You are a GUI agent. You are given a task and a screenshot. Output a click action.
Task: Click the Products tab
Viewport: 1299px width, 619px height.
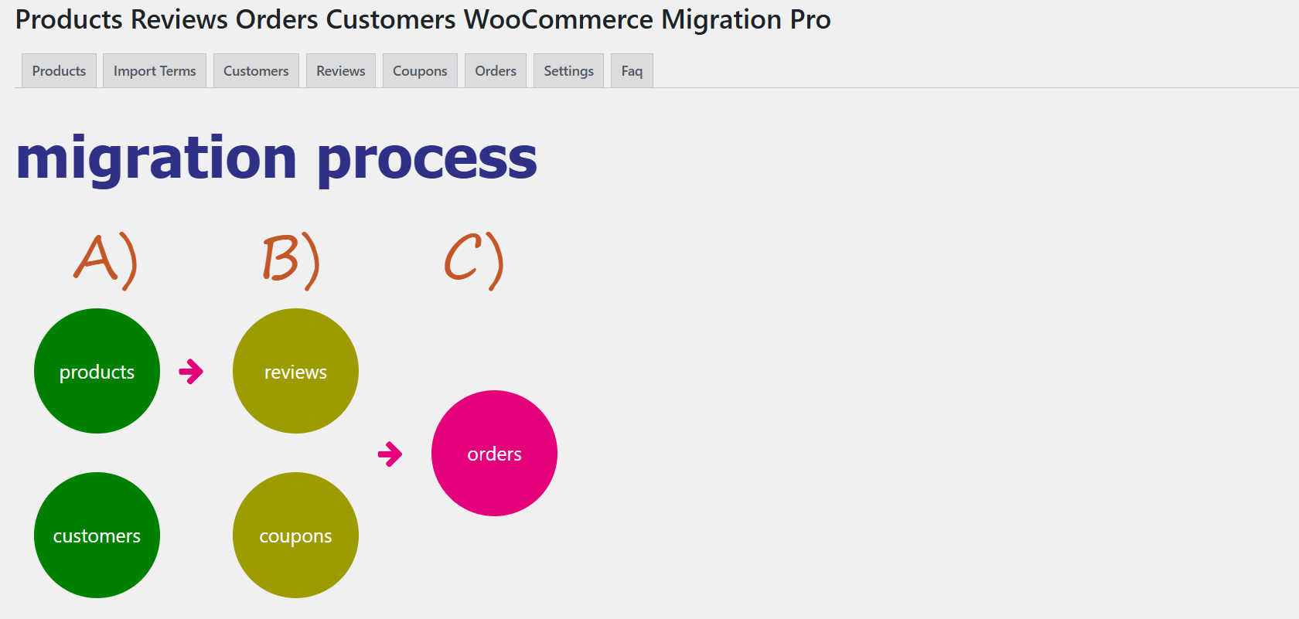(x=59, y=71)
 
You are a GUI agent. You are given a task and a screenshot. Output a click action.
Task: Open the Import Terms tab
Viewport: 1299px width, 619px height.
(x=155, y=71)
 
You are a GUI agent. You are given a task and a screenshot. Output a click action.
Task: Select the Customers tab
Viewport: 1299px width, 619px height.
(x=256, y=71)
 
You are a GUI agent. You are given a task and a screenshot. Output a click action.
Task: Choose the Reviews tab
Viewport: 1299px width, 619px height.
(x=340, y=71)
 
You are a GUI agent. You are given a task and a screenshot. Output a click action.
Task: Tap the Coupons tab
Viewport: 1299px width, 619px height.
(x=420, y=71)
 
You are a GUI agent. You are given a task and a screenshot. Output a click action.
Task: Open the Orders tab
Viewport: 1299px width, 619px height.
(x=495, y=71)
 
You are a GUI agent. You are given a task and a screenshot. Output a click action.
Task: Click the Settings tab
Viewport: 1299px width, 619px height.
(x=568, y=71)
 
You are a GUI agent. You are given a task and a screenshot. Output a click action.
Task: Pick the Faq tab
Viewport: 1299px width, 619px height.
(x=632, y=71)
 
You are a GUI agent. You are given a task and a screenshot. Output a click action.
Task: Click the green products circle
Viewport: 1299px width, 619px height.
(x=97, y=371)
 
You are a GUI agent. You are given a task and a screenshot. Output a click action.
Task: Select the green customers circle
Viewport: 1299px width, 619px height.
(x=97, y=535)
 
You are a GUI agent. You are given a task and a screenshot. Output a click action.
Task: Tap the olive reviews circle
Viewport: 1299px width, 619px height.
(x=295, y=371)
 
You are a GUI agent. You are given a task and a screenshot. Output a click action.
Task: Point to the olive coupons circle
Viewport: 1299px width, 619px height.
(x=295, y=535)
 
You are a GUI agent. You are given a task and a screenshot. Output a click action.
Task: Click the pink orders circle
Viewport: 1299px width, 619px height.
(x=494, y=453)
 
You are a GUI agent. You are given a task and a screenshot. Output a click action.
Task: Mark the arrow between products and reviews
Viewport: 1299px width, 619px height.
(x=191, y=372)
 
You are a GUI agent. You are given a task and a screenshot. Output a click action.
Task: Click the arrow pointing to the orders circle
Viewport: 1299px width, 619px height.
(x=390, y=454)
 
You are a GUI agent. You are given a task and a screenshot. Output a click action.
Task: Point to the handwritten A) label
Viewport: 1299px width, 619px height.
(x=106, y=260)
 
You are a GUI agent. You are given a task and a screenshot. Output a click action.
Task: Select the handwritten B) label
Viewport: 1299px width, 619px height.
(x=291, y=260)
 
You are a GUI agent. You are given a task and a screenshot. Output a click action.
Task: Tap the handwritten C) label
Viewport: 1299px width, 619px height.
(x=473, y=260)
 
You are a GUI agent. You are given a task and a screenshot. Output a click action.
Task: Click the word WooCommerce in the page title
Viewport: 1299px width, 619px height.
(x=558, y=19)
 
